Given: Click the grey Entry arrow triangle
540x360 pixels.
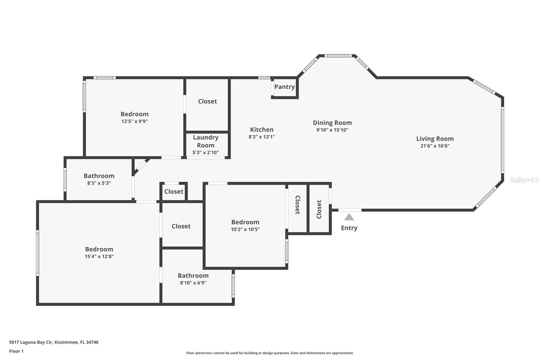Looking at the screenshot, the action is point(349,217).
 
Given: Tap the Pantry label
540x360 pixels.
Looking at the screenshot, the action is point(285,87).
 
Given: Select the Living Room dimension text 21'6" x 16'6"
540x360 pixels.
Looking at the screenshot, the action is point(435,146).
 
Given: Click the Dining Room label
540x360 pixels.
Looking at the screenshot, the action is point(332,123).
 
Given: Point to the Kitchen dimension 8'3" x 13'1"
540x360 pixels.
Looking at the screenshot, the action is point(262,137).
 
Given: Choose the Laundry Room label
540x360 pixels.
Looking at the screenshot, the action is point(206,141).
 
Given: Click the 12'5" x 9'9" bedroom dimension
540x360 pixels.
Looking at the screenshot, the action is point(135,121).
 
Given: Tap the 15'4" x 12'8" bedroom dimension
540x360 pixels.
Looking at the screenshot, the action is point(99,256).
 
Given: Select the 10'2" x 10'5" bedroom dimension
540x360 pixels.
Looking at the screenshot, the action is point(245,229).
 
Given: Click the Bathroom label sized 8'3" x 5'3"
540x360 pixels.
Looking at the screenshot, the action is point(99,176).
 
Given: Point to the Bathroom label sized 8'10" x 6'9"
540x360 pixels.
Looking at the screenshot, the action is point(193,275).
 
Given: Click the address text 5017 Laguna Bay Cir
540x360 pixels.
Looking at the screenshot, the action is point(31,342).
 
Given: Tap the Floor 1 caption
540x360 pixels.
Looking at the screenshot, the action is point(17,351).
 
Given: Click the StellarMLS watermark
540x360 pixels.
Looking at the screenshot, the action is point(524,180).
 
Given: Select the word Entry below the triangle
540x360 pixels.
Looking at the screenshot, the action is point(349,228).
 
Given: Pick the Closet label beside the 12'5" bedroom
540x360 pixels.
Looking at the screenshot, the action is point(207,101).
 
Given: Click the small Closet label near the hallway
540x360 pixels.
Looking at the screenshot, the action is point(173,191).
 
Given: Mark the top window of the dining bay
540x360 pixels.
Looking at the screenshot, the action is point(338,56).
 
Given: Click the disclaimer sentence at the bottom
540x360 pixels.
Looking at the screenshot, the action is point(270,353).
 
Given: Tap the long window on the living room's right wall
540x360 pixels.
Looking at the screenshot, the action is point(503,140).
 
